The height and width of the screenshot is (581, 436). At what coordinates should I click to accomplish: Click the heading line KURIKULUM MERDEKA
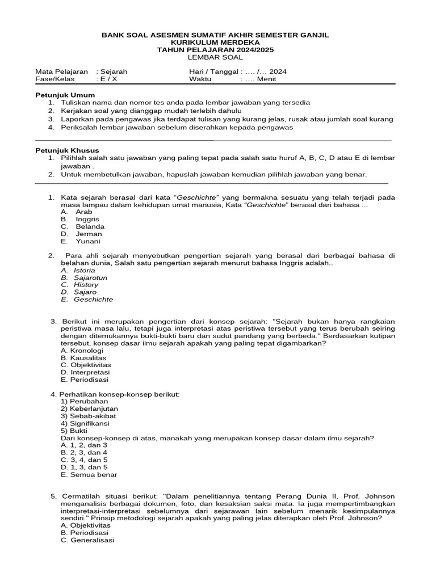[215, 43]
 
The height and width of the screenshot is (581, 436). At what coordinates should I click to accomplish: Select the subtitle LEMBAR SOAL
[215, 57]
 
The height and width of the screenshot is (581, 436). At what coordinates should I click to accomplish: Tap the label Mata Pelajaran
[62, 72]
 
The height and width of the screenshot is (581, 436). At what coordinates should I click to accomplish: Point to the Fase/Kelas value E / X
[107, 79]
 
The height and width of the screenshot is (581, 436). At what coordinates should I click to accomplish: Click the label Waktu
[200, 79]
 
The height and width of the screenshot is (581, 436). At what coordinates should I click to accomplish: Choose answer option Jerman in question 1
[89, 234]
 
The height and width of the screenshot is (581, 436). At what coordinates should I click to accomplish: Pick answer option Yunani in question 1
[88, 241]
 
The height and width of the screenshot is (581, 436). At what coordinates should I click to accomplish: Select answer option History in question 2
[86, 285]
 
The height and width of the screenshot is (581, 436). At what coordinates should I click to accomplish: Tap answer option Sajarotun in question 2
[90, 277]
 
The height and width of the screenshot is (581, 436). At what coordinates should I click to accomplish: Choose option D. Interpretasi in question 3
[85, 372]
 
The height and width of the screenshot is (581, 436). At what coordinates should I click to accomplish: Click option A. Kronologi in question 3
[82, 350]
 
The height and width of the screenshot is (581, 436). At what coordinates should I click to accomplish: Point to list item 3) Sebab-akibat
[85, 416]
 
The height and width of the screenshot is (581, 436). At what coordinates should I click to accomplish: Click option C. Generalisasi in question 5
[87, 540]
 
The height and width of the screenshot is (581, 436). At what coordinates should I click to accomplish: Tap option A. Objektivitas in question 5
[86, 525]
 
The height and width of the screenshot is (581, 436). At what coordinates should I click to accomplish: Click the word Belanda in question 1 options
[90, 226]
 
